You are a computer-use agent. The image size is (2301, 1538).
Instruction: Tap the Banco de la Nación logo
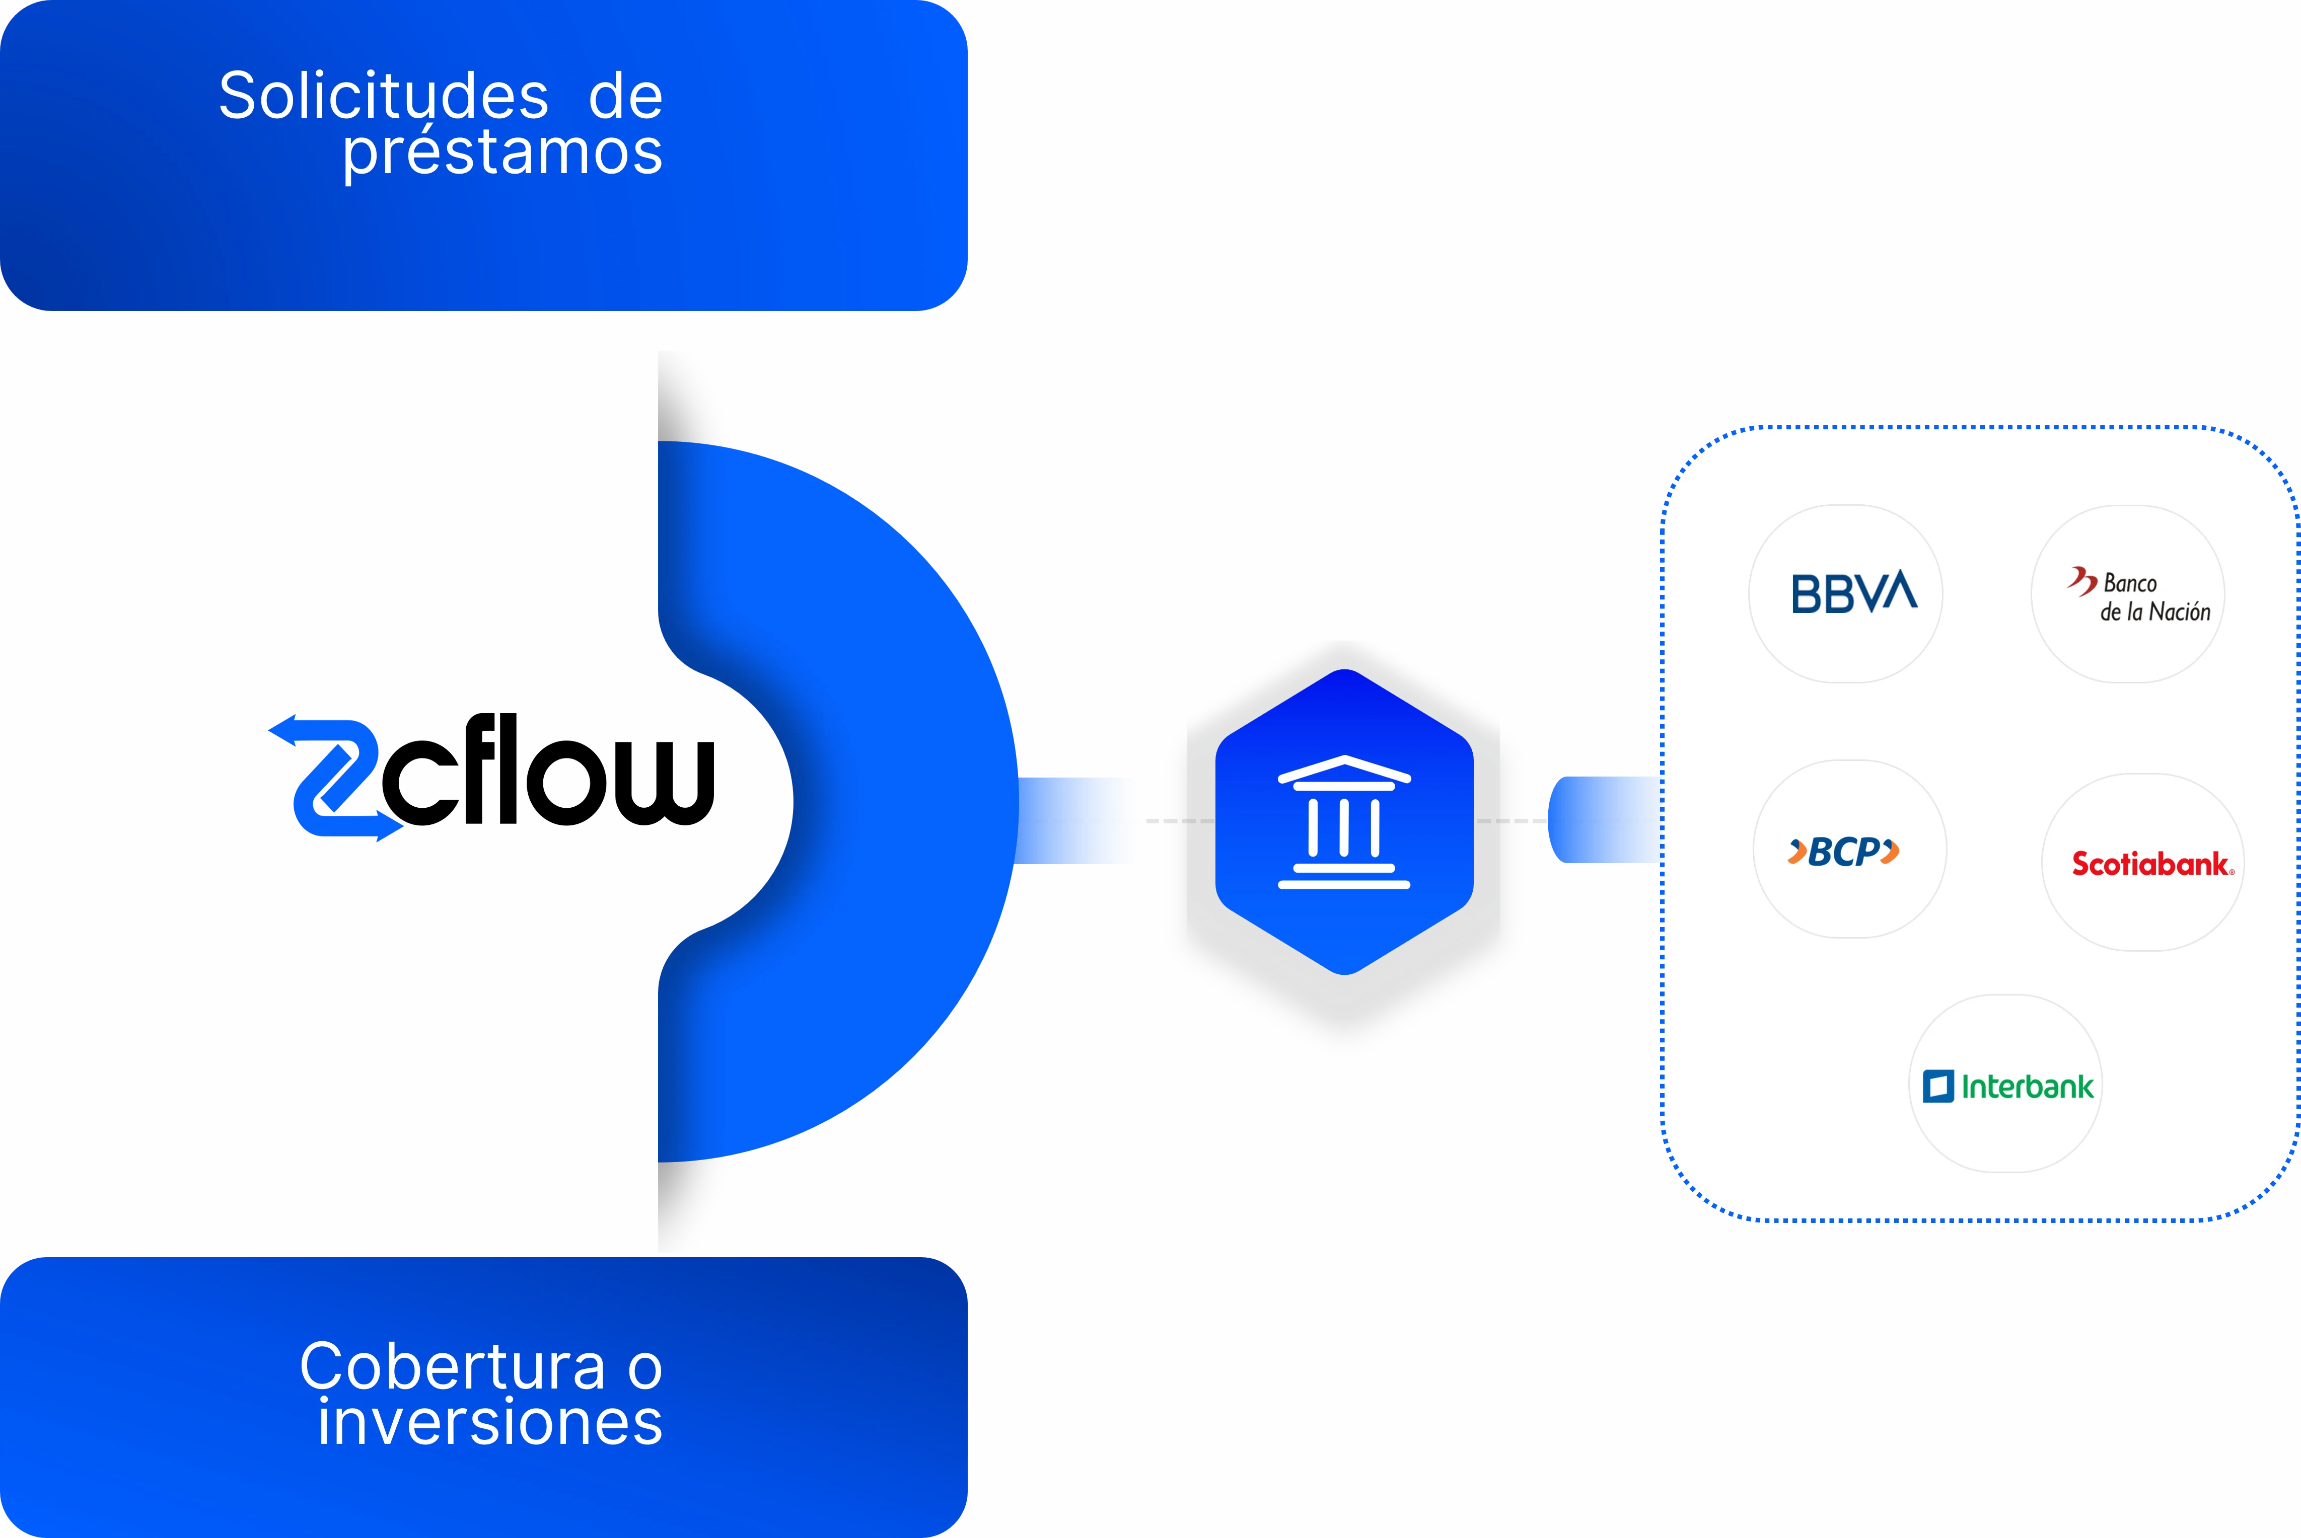click(x=2139, y=596)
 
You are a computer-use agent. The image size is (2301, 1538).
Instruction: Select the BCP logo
click(x=1844, y=852)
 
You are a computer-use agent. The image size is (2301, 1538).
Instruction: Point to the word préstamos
click(x=502, y=153)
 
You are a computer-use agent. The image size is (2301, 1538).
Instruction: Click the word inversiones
click(x=489, y=1422)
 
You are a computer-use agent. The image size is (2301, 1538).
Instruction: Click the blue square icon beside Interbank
click(x=1938, y=1086)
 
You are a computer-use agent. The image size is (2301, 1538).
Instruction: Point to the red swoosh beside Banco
click(x=2081, y=581)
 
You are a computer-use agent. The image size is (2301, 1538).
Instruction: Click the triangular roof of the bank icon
click(x=1344, y=770)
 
